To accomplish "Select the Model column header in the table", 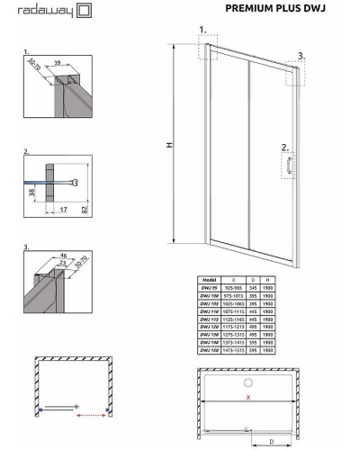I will (212, 279).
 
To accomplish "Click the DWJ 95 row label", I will (212, 287).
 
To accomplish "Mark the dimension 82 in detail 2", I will (84, 209).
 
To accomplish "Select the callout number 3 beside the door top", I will (301, 55).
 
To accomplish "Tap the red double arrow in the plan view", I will (93, 417).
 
